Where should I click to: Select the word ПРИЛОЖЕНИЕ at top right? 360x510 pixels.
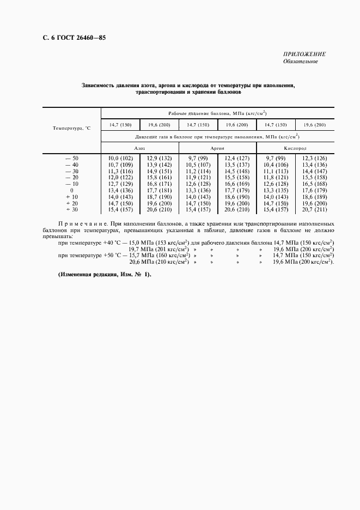point(304,54)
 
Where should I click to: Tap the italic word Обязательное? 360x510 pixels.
point(300,61)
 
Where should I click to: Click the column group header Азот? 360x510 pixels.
point(140,148)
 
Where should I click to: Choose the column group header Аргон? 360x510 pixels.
point(218,148)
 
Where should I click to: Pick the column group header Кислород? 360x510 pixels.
point(295,148)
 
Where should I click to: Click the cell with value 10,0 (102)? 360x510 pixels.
point(120,158)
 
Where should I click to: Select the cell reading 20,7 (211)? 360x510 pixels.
point(314,210)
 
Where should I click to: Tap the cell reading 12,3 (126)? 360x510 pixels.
point(314,158)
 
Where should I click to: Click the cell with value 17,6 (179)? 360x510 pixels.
point(314,190)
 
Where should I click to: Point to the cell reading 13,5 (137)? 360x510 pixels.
point(237,165)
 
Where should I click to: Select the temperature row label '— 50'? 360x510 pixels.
point(72,158)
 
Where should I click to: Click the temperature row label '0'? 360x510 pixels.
point(72,190)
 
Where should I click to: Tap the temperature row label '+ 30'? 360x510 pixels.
point(72,210)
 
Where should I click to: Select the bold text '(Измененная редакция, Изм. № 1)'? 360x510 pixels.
point(105,274)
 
